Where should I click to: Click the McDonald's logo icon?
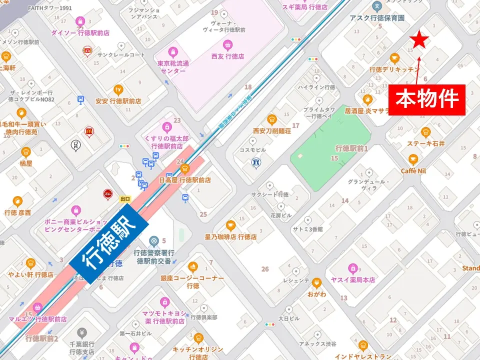pos(89,131)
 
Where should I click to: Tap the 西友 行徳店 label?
pos(227,57)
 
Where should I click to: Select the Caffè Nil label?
pos(413,170)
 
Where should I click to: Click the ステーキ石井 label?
pos(425,143)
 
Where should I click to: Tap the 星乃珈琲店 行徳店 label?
pos(230,236)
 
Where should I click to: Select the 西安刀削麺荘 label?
pos(271,130)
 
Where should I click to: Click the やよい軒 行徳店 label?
pos(30,274)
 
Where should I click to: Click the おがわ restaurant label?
pos(316,293)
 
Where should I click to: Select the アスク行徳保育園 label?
pos(377,17)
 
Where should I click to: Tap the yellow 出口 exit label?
pos(125,198)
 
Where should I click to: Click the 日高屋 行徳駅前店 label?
pos(184,179)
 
